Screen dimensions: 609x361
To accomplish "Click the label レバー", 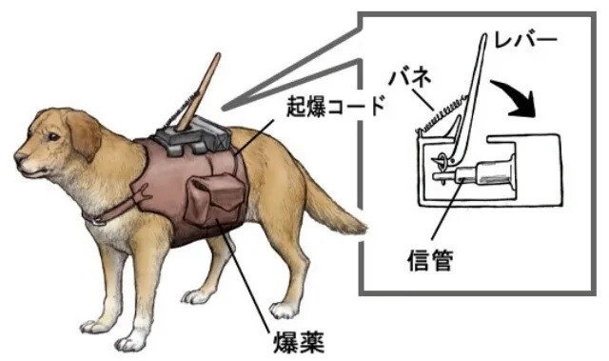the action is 526,41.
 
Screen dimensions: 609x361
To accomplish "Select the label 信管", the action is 430,260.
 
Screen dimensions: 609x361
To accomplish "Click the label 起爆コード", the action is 336,106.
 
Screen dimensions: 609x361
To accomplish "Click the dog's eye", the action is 53,137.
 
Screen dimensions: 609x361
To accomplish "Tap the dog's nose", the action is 19,157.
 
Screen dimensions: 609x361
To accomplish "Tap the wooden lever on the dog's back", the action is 198,92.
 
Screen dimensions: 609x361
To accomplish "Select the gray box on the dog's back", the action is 193,136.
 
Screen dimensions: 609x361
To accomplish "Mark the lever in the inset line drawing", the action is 469,97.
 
